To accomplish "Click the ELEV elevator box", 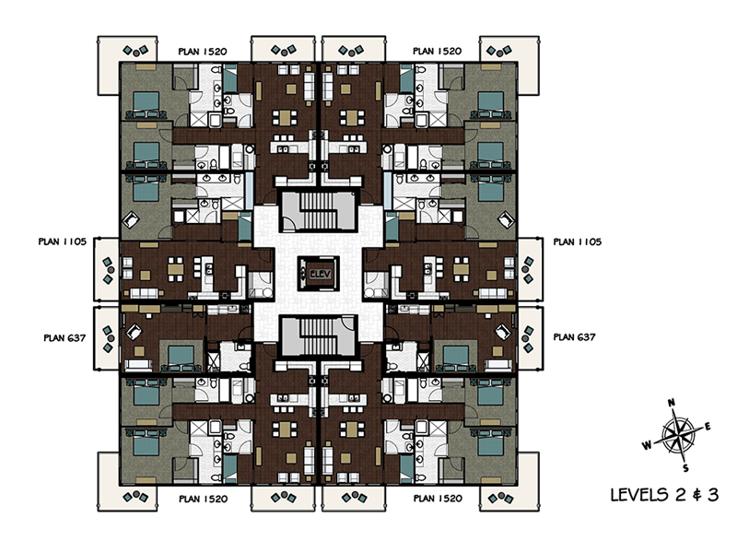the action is tap(319, 274).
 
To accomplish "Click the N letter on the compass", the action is tap(672, 403).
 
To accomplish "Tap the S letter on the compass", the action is tap(685, 468).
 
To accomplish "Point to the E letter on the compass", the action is tap(708, 427).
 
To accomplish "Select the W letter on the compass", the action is tap(648, 445).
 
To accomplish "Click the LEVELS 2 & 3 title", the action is tap(664, 495).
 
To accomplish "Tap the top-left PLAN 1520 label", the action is tap(203, 52).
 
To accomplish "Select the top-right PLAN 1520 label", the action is tap(437, 52).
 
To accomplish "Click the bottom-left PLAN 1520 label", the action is tap(203, 499).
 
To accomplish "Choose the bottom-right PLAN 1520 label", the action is tap(438, 499).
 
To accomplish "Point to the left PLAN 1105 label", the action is tap(63, 241).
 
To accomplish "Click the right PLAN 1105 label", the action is tap(578, 241).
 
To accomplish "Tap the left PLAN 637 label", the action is tap(64, 337).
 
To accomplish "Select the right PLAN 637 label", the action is tap(574, 337).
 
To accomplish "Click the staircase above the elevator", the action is tap(319, 210).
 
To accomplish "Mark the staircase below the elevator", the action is tap(319, 335).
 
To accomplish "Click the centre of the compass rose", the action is tap(677, 435).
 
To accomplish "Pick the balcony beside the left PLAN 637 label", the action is tap(107, 339).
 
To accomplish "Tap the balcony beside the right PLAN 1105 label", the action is tap(531, 269).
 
